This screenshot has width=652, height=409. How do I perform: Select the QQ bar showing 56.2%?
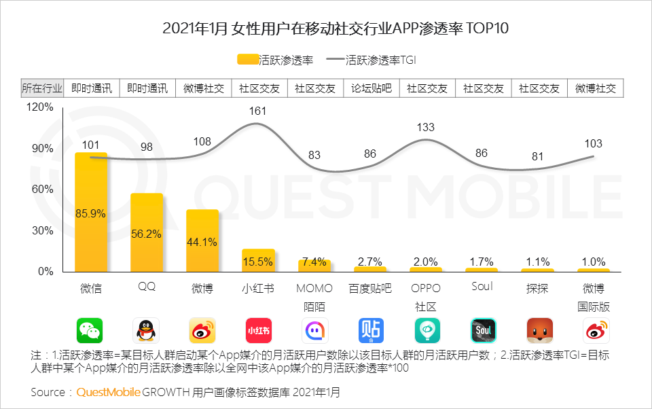(147, 233)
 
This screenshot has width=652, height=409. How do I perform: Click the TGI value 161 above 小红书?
(258, 110)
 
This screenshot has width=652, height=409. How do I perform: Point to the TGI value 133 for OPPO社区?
(426, 127)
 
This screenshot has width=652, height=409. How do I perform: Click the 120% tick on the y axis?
(40, 107)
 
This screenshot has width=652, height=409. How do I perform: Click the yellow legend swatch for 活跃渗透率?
(248, 60)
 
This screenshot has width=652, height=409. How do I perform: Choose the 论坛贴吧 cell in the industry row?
(372, 88)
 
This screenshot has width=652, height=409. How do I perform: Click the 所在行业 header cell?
(42, 88)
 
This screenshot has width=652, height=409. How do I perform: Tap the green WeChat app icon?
(90, 330)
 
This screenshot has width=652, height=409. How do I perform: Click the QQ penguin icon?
(146, 330)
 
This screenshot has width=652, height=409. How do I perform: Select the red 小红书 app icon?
(258, 330)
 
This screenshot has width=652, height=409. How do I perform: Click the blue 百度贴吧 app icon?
(371, 330)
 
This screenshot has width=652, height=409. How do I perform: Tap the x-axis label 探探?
(537, 288)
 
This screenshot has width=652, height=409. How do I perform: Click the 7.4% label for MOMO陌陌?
(314, 262)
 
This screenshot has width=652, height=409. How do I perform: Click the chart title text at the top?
(325, 29)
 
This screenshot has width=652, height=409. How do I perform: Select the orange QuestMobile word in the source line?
(108, 392)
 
